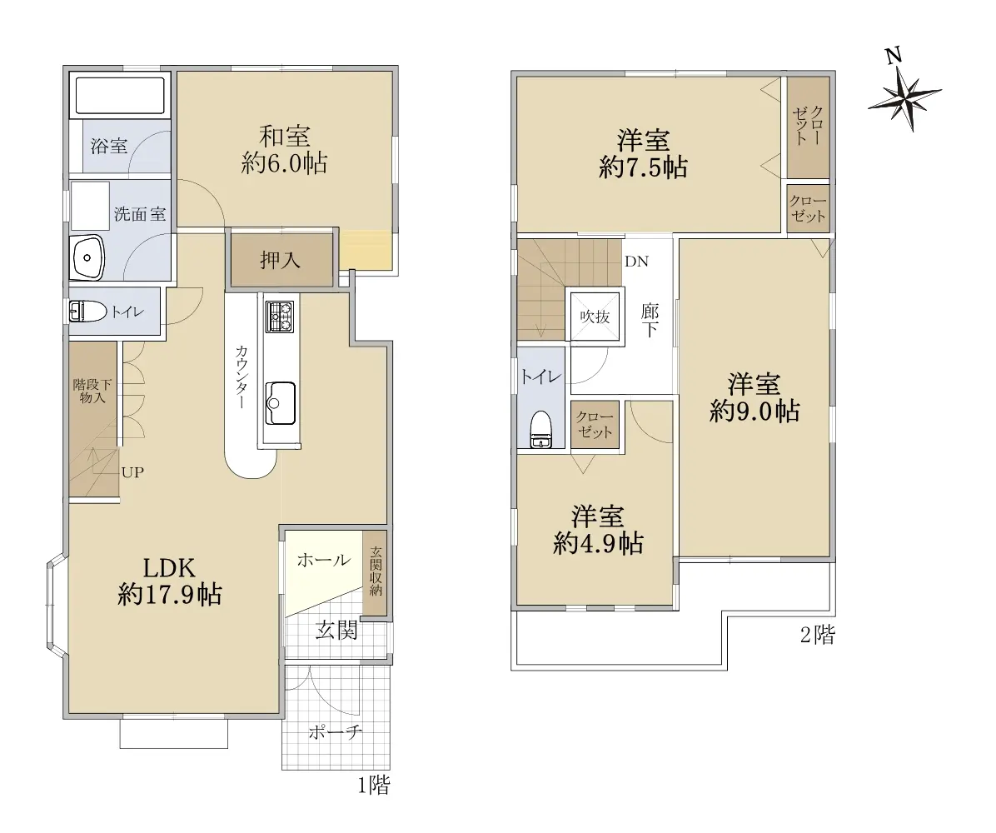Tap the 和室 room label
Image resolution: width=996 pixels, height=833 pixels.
click(285, 137)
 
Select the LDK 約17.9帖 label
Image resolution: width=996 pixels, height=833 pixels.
click(170, 581)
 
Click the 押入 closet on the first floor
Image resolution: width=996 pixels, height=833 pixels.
click(281, 260)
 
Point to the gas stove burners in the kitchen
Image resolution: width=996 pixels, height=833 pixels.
click(280, 316)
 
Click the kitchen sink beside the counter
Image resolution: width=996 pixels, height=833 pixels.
click(280, 403)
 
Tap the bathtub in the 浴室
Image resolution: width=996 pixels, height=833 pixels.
click(120, 95)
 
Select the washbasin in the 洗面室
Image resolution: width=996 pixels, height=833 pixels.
click(88, 257)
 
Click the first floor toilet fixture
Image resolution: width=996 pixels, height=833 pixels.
click(87, 312)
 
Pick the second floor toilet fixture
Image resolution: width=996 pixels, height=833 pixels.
click(541, 430)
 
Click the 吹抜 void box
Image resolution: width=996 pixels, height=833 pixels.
click(595, 316)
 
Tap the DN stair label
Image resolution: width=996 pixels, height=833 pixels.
click(636, 262)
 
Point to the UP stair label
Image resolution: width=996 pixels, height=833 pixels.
click(132, 472)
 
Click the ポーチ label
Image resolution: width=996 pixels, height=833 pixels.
click(336, 732)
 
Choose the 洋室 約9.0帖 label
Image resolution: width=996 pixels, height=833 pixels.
click(754, 397)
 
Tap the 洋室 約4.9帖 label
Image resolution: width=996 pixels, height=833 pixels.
click(598, 530)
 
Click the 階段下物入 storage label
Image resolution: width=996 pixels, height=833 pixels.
click(92, 391)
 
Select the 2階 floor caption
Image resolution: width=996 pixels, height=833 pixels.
click(818, 634)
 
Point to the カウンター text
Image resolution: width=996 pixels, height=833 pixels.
click(242, 377)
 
